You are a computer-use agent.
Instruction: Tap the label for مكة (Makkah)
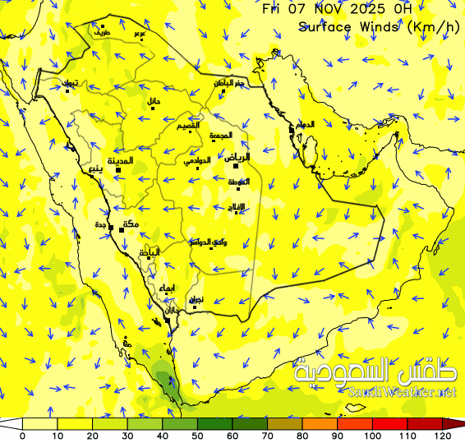tap(129, 224)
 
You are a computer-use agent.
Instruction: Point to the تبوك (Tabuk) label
tap(71, 83)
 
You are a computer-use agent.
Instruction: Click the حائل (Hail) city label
tap(154, 101)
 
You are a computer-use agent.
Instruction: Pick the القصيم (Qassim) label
tap(188, 125)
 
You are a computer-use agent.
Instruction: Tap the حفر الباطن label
tap(229, 83)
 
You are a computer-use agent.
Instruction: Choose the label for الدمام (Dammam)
tap(305, 124)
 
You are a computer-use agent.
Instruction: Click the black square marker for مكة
tap(122, 230)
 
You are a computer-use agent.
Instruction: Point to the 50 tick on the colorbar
tap(198, 436)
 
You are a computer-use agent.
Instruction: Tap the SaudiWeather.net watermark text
tap(402, 393)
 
